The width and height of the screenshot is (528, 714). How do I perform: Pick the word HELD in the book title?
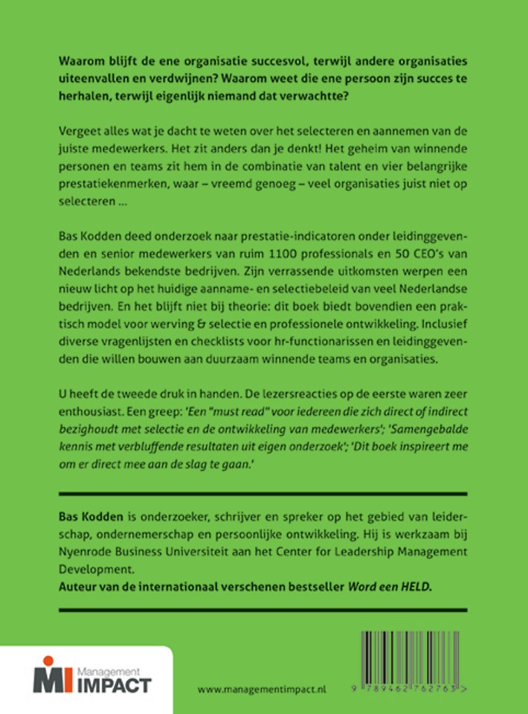click(416, 586)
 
